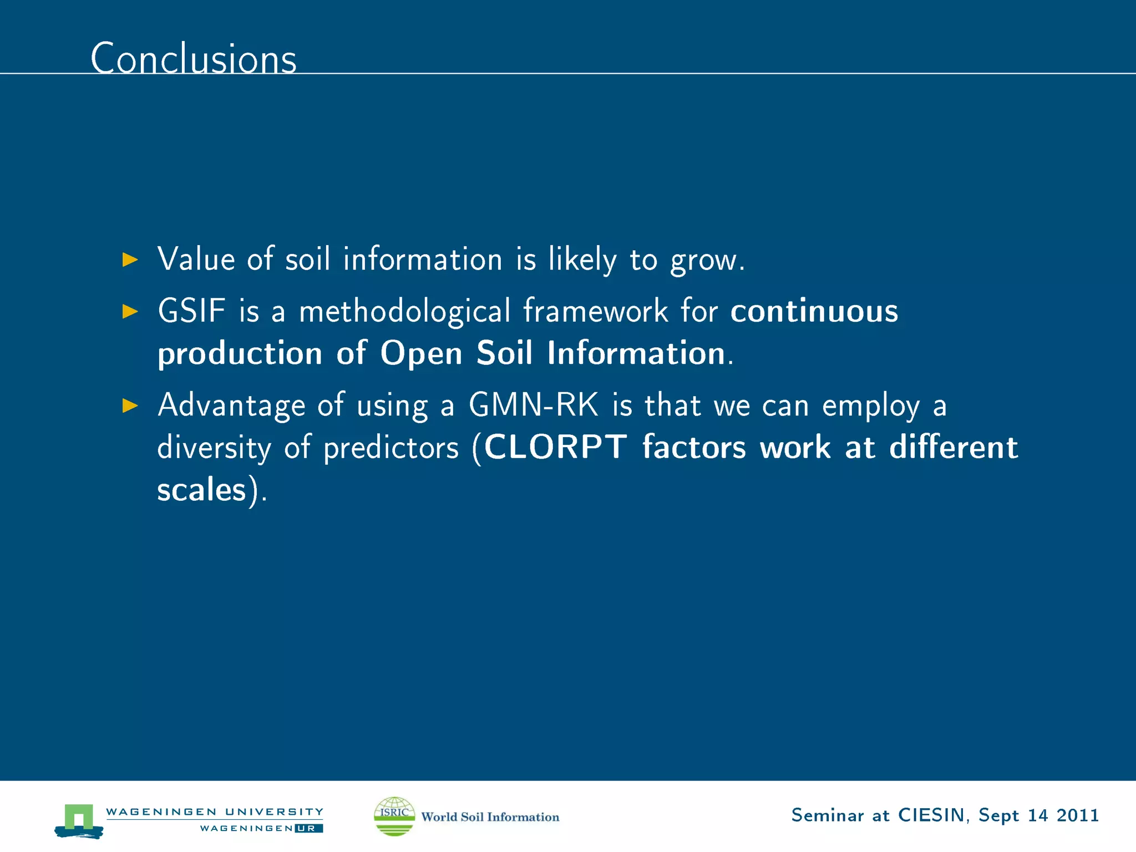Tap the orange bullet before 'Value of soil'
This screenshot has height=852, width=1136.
130,260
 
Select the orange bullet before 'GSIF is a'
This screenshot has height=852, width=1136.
130,311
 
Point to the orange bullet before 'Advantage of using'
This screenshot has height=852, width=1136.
130,405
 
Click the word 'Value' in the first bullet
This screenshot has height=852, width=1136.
196,259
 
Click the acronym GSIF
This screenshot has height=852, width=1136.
192,311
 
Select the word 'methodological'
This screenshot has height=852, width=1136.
404,312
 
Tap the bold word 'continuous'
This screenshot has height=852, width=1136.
814,311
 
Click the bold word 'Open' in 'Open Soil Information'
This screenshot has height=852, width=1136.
421,354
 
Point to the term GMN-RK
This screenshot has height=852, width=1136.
534,405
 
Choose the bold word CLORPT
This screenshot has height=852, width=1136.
555,447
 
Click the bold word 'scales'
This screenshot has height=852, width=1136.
201,490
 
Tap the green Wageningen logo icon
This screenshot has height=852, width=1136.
79,820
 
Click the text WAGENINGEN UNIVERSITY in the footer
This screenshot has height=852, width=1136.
214,812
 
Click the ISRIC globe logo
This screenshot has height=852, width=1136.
394,816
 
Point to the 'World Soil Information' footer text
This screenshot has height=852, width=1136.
490,817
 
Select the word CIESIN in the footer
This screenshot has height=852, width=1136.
931,815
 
